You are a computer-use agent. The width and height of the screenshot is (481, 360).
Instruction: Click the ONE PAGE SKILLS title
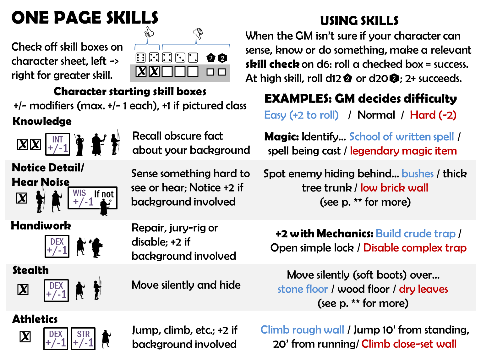(x=85, y=18)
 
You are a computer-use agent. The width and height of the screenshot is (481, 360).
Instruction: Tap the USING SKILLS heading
(x=359, y=21)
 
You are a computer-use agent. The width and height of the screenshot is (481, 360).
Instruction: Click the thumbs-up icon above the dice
(x=149, y=32)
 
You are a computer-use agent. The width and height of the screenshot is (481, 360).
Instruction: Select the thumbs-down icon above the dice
(x=198, y=33)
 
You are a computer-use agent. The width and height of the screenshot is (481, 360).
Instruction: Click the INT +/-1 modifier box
(x=57, y=144)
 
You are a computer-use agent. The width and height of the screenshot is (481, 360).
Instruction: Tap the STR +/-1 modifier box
(x=83, y=339)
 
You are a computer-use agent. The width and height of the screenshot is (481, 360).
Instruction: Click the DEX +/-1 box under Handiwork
(x=57, y=246)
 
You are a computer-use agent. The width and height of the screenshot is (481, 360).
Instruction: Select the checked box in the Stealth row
(x=23, y=290)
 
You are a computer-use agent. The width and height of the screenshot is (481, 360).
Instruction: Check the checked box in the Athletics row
(x=25, y=337)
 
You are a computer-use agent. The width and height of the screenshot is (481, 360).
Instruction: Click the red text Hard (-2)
(x=433, y=115)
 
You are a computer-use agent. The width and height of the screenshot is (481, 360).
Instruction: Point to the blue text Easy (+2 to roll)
(x=301, y=115)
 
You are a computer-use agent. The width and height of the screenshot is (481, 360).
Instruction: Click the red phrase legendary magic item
(x=403, y=151)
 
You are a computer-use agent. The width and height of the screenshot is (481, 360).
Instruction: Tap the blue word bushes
(x=418, y=174)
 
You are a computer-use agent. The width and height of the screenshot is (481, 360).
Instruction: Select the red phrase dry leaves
(x=423, y=289)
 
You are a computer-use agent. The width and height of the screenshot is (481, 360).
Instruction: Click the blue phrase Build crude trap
(x=415, y=234)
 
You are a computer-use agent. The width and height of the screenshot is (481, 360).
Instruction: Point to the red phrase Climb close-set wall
(x=409, y=344)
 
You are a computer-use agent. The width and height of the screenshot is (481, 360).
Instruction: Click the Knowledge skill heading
(x=42, y=121)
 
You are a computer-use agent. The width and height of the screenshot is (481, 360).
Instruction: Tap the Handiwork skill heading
(x=41, y=226)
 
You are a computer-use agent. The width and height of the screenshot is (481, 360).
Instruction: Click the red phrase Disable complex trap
(x=415, y=248)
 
